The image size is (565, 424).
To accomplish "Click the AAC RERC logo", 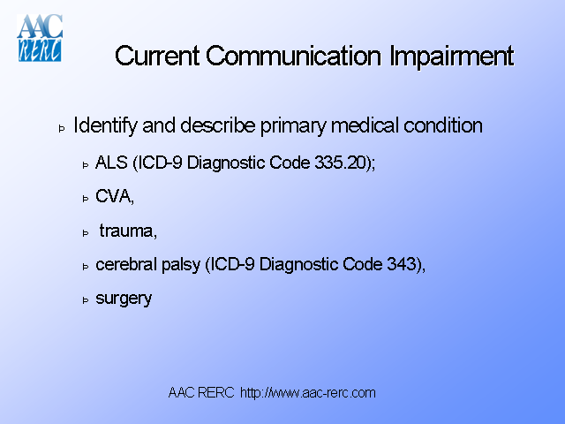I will point(41,39).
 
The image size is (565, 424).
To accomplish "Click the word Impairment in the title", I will point(451,57).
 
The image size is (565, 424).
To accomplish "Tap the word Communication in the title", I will point(296,57).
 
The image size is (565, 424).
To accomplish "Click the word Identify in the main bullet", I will point(105,125).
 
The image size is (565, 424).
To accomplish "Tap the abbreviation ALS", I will point(109,164).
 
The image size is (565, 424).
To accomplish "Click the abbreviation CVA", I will point(113,198).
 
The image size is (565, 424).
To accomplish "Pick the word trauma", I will point(127,231).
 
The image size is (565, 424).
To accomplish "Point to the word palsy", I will point(179,265).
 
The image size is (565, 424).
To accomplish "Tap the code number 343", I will point(402,264).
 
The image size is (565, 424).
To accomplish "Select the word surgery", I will point(124,299).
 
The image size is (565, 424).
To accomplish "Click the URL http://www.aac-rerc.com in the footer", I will point(308,393).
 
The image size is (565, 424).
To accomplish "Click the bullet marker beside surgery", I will point(86,299).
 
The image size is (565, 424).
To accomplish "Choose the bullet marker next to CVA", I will point(86,200).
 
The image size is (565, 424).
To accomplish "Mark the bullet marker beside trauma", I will point(86,233).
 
